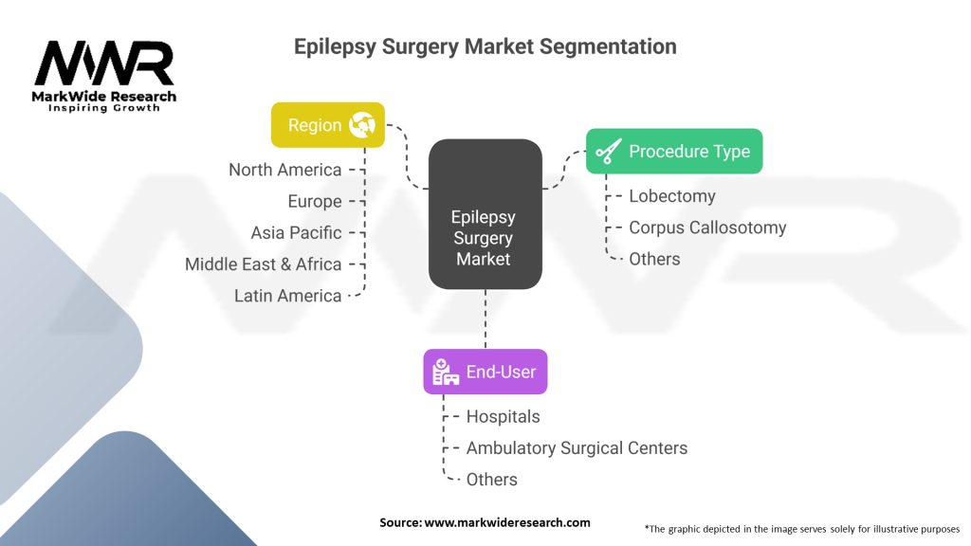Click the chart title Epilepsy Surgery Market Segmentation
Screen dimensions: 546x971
[485, 45]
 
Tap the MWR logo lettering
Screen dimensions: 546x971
[104, 64]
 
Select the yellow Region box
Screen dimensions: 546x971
[328, 125]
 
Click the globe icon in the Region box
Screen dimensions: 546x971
[361, 125]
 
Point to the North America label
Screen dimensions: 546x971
[284, 170]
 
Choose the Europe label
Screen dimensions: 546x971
[315, 201]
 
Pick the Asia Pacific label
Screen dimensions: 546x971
[296, 232]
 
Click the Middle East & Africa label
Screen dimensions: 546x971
[263, 264]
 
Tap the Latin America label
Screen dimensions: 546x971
[287, 296]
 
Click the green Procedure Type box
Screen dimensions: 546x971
[674, 151]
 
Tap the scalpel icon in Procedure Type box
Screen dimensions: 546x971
[608, 152]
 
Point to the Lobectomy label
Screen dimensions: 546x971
[672, 196]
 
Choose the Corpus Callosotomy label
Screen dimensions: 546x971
[707, 227]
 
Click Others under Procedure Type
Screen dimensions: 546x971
[654, 259]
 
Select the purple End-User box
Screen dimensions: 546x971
[485, 372]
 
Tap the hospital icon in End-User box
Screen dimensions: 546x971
[446, 373]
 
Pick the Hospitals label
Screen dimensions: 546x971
[503, 416]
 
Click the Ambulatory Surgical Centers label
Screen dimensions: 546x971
[577, 447]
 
